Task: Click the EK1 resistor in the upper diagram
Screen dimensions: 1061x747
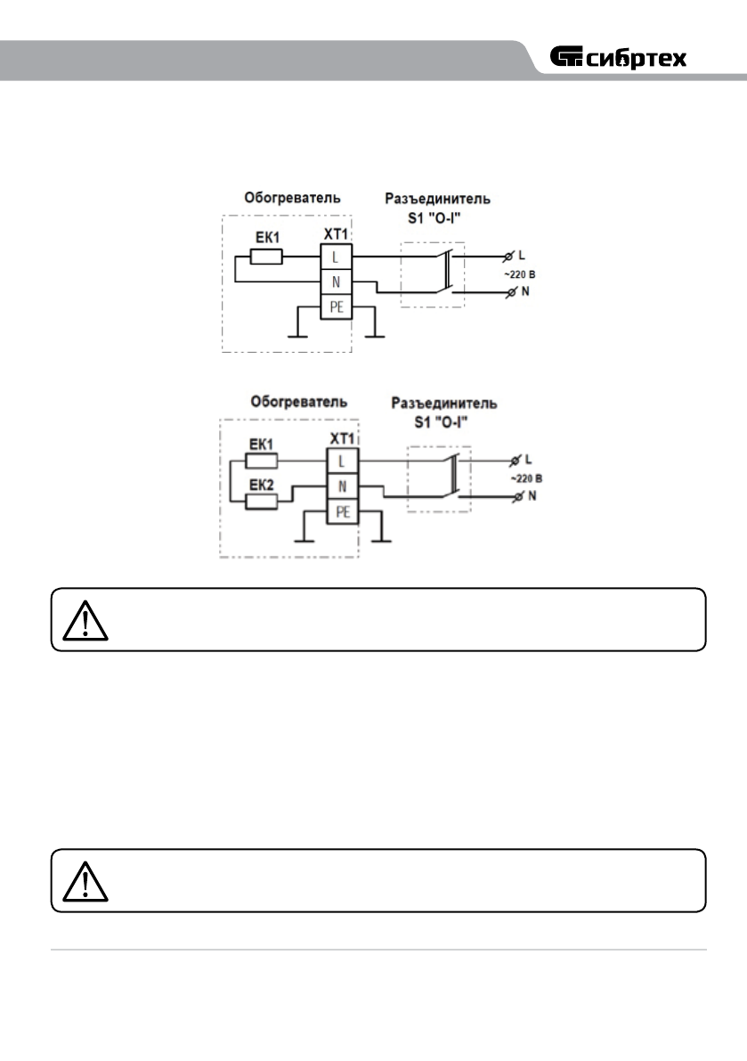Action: (x=266, y=257)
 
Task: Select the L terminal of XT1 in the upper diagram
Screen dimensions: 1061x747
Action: (x=336, y=257)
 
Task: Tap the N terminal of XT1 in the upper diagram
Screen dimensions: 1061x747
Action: (x=336, y=282)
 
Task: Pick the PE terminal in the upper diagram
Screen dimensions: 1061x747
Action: (x=336, y=308)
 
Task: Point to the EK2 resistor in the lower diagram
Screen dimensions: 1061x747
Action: (x=260, y=501)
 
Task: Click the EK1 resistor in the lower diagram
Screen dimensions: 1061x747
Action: (x=260, y=461)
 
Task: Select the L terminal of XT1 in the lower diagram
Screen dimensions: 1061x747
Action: (x=341, y=461)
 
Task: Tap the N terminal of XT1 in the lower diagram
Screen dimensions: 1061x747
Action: (x=341, y=486)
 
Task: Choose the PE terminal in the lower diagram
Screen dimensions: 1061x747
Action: (x=341, y=512)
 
